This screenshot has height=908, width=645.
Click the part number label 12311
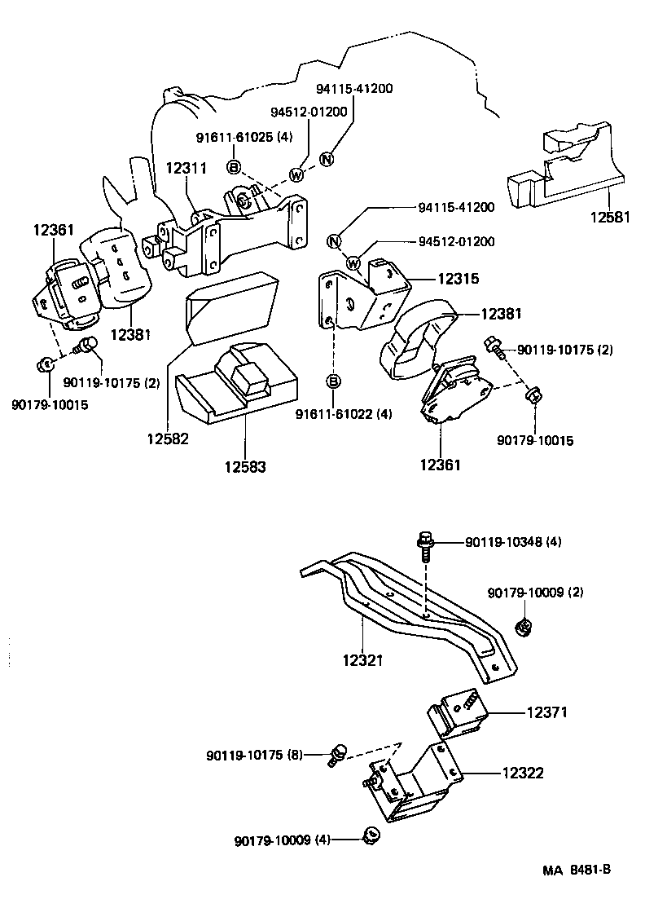click(186, 169)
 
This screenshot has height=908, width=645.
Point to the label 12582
click(168, 438)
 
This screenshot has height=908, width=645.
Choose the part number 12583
click(244, 466)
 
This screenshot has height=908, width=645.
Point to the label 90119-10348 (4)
click(513, 542)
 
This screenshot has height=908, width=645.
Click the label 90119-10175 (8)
click(253, 756)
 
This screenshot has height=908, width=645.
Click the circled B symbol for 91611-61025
click(234, 167)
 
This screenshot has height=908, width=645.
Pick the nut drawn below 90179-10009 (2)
click(524, 627)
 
